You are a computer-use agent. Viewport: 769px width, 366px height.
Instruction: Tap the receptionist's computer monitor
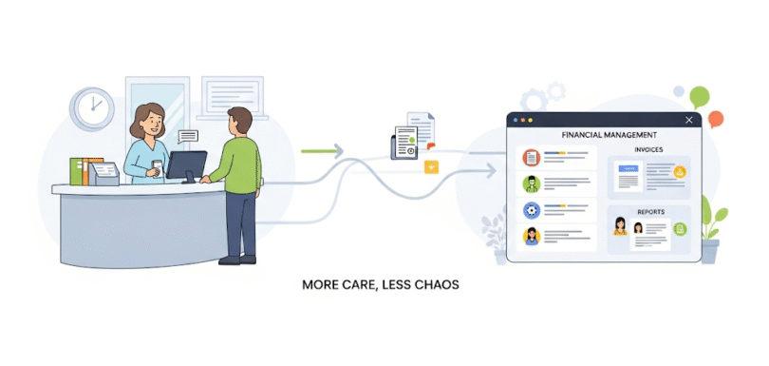coord(187,165)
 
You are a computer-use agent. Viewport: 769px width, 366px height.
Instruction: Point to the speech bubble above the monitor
coord(187,136)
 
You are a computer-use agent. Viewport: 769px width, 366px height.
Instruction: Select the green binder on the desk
coord(77,171)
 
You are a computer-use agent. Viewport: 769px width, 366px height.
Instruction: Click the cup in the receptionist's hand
coord(158,164)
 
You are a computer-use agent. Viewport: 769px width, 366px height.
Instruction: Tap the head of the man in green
coord(239,121)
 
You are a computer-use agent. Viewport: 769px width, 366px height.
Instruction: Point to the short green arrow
coord(322,150)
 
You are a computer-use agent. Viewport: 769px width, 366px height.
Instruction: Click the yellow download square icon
coord(432,167)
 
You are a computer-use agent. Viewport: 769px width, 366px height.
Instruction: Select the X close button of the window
coord(688,120)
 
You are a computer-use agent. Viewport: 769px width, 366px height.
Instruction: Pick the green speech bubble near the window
coord(700,95)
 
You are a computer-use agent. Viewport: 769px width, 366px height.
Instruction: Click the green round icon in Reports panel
coord(681,228)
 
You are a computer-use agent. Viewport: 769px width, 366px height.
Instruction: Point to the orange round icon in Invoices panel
coord(680,172)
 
